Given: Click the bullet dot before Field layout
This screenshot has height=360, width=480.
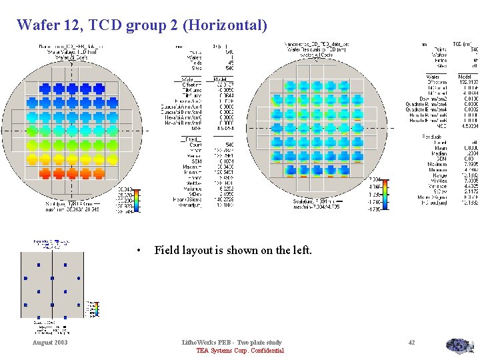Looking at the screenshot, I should tap(137, 251).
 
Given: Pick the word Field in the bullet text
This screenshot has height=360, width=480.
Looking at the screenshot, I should tap(167, 251).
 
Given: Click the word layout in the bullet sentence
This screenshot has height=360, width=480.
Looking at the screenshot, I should tap(201, 251).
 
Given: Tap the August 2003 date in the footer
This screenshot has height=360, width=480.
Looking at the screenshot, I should tap(50, 342).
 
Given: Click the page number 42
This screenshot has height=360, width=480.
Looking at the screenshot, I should tap(411, 342).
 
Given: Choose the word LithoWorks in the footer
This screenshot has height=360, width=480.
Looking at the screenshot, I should tap(200, 342).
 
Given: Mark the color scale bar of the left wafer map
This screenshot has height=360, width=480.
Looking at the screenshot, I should tap(137, 201).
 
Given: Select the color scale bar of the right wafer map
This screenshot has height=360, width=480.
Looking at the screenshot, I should tap(385, 194).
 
